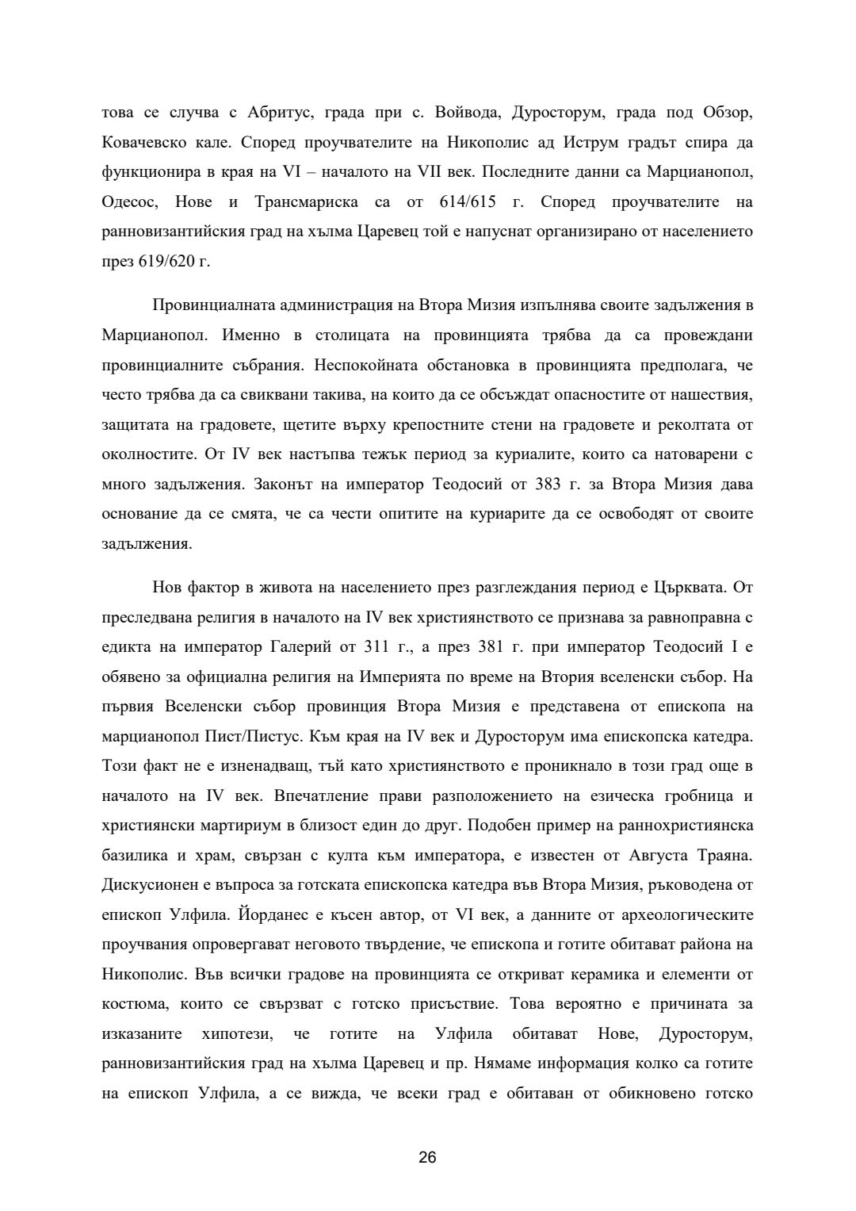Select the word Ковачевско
pos(143,143)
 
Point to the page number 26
pos(427,1157)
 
